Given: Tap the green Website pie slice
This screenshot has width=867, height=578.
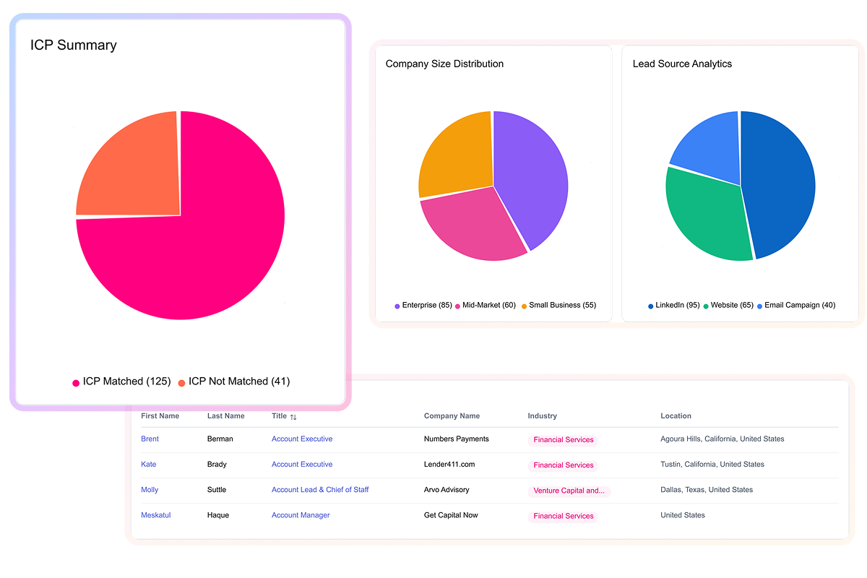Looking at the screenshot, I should tap(708, 217).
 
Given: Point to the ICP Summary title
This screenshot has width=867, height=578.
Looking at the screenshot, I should tap(73, 45).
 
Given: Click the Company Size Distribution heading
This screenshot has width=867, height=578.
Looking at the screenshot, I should tap(444, 64).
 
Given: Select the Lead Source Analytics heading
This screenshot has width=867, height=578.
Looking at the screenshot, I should tap(682, 64).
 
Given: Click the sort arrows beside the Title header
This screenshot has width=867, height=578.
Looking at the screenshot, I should tap(293, 417).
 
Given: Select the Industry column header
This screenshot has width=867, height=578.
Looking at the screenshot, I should tap(542, 416).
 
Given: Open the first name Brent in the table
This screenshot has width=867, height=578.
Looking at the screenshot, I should tap(150, 439).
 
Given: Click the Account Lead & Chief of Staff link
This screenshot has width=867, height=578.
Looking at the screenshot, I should tap(320, 490).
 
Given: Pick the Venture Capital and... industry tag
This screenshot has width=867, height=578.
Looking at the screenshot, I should tap(569, 491).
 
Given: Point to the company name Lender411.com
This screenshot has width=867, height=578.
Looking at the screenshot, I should tap(449, 465).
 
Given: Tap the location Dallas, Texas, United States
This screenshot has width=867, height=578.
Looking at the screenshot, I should tap(707, 490).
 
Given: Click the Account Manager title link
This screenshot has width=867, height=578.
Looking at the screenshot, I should tap(301, 515).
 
